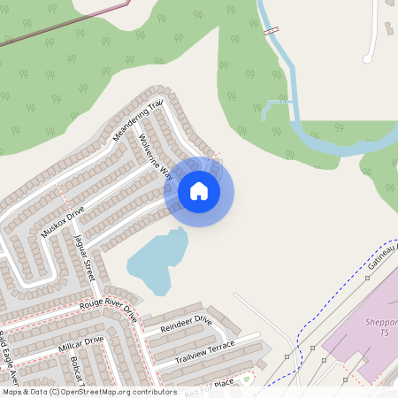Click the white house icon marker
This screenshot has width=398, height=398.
[199, 191]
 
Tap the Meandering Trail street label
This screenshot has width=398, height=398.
[140, 121]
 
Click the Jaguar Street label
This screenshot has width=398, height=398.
[84, 255]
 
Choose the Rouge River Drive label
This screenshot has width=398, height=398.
[109, 309]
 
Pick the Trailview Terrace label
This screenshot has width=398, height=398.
[204, 350]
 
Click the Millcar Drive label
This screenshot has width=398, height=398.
[81, 344]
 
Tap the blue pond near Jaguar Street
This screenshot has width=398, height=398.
[157, 262]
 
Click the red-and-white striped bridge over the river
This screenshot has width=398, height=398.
[272, 31]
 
